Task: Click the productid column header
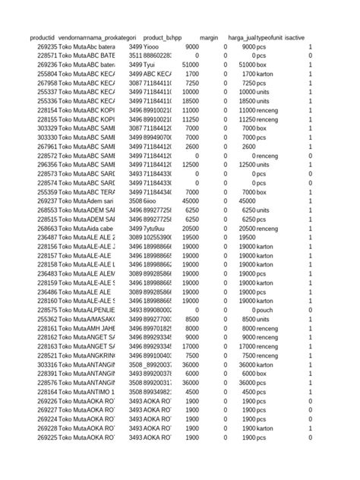point(43,37)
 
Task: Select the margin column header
point(209,37)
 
